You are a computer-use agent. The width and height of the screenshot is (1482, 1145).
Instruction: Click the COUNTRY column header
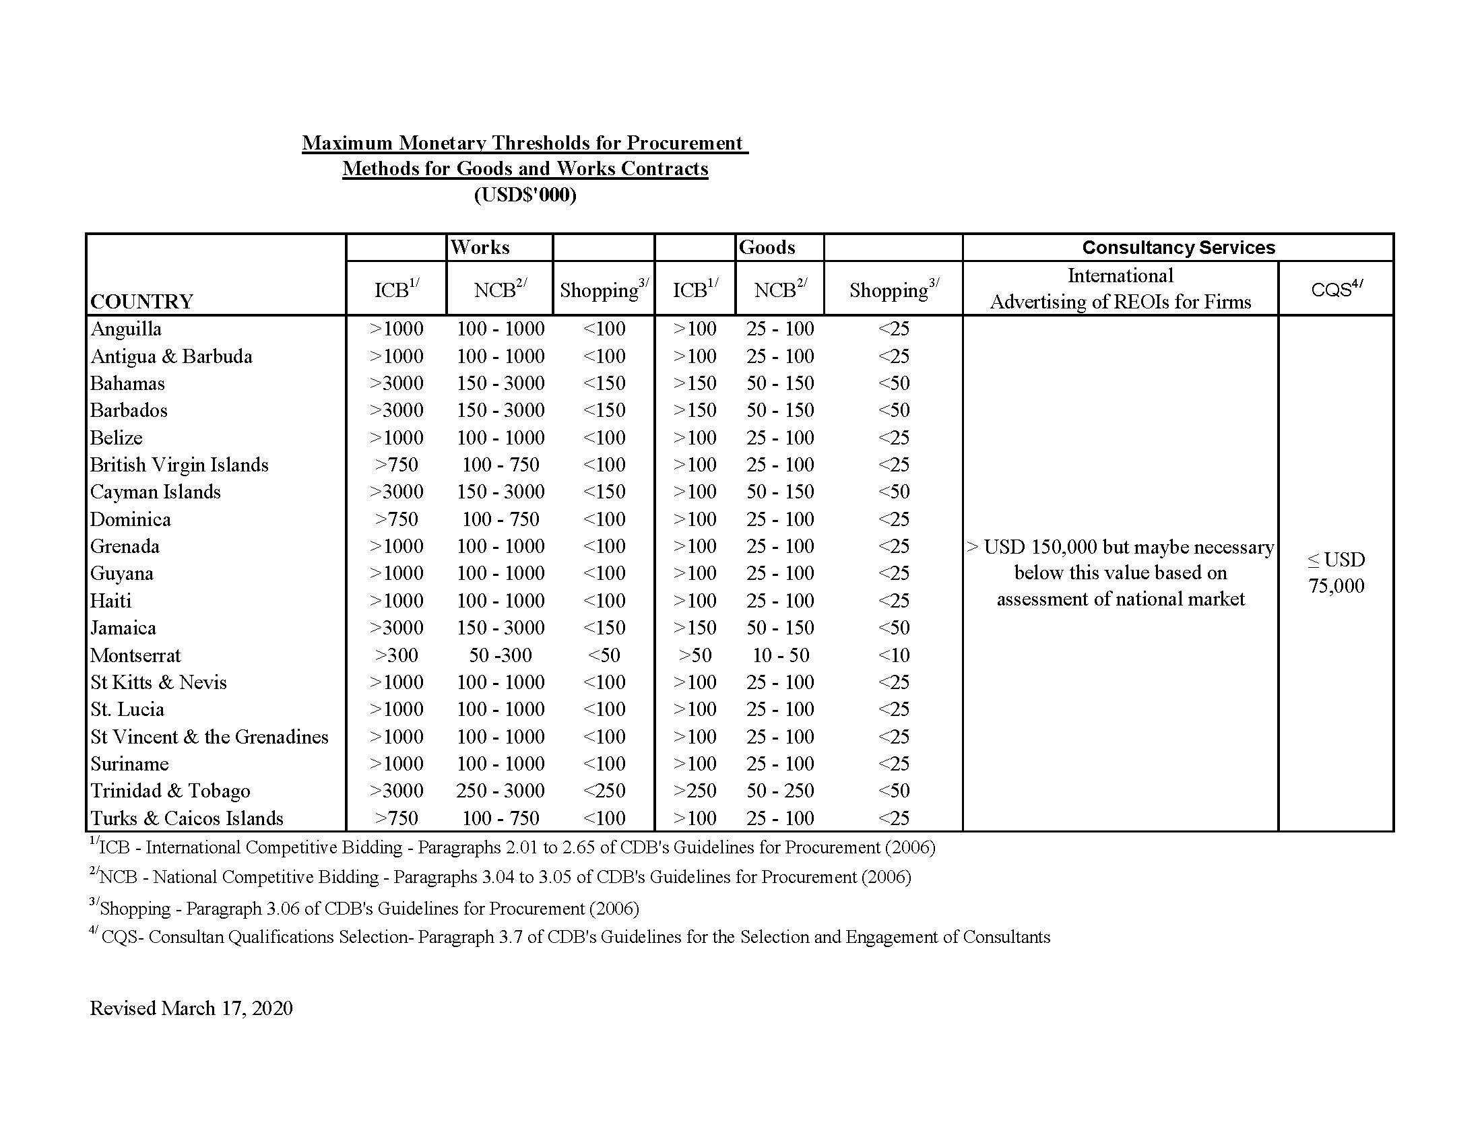(142, 301)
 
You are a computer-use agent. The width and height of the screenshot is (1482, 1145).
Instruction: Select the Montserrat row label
(135, 655)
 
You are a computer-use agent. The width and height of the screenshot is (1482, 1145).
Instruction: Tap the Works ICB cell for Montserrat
(396, 655)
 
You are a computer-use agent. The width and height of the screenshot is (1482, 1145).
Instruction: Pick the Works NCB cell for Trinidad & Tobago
(500, 791)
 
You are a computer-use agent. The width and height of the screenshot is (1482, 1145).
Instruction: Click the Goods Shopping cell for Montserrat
(893, 655)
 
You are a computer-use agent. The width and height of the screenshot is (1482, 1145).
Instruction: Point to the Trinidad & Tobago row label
(170, 791)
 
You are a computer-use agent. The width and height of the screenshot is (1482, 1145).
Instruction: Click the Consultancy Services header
(1178, 248)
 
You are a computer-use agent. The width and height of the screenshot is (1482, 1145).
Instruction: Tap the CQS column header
(1336, 289)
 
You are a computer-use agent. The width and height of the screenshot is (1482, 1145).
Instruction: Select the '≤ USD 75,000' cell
(1336, 572)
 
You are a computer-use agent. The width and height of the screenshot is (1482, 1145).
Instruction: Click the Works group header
(480, 248)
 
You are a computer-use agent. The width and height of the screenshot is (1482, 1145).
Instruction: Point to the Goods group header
(767, 248)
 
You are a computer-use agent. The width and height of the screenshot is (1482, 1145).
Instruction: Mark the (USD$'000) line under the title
(525, 195)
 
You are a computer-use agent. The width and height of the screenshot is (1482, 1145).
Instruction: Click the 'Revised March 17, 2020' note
(191, 1008)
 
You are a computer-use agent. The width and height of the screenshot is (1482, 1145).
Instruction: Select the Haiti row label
(111, 601)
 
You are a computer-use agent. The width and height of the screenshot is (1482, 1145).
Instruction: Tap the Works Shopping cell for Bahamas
(604, 383)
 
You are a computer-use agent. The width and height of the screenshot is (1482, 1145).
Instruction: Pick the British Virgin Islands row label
(179, 465)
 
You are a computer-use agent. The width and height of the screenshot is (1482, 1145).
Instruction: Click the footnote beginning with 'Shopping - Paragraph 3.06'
(366, 908)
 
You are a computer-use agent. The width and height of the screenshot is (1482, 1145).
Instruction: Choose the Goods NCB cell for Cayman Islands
(780, 492)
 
